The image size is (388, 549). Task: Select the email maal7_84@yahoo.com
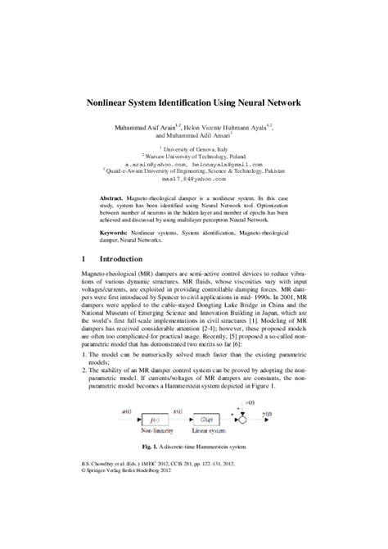pyautogui.click(x=193, y=180)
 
